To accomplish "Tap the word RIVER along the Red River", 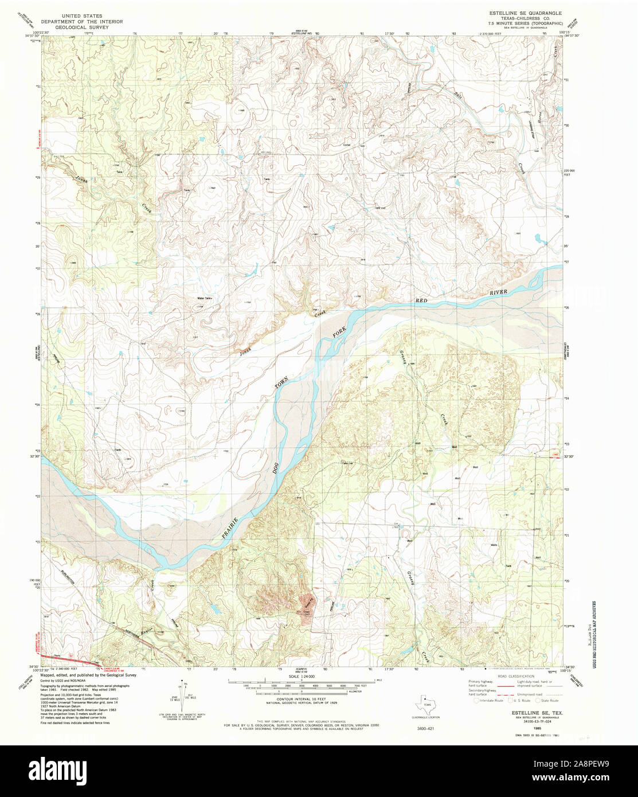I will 500,292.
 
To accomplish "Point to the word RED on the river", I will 422,300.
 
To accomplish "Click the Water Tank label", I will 205,298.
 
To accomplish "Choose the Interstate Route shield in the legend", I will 476,700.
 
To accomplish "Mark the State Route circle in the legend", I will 538,700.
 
